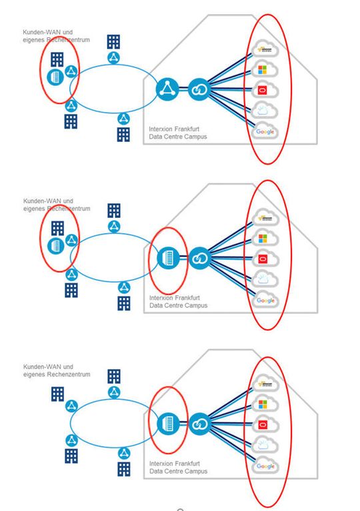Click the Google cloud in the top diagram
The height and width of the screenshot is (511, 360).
[265, 132]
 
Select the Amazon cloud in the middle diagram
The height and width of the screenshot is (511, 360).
[265, 218]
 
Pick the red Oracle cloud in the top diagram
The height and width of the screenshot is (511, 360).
[265, 91]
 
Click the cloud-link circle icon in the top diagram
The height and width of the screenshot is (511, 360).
[199, 89]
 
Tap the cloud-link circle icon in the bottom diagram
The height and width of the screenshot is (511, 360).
[199, 424]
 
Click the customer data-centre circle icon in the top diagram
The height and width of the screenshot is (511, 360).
[54, 77]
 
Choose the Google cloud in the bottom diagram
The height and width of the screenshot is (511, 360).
[265, 466]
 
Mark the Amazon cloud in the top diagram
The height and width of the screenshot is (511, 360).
[265, 49]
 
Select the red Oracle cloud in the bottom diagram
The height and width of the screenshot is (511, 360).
[265, 425]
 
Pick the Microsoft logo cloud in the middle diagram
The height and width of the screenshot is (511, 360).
[265, 238]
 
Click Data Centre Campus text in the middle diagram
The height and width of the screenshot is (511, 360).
[178, 305]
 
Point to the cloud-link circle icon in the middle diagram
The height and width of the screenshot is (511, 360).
[199, 258]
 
